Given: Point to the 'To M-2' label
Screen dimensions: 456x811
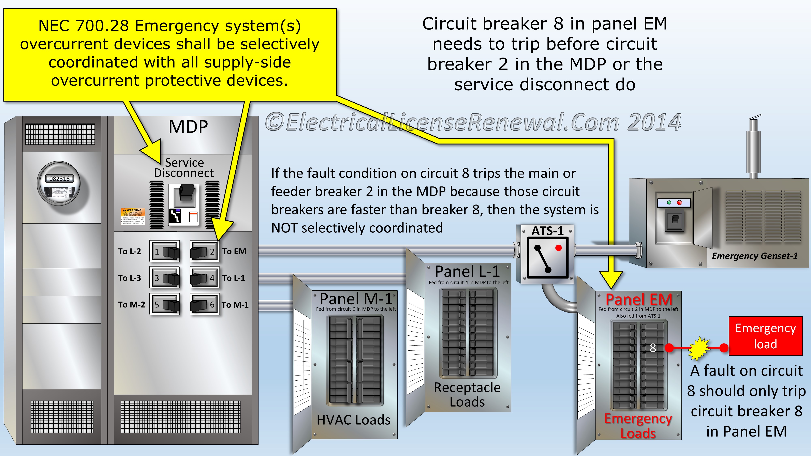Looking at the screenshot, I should (x=131, y=305).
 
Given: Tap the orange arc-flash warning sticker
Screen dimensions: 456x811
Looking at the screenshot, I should (x=133, y=216).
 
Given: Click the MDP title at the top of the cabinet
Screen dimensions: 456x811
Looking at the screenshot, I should (x=188, y=127).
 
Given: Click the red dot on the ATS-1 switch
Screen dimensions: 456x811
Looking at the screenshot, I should (x=559, y=248).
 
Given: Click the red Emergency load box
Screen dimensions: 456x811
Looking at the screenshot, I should (x=765, y=336).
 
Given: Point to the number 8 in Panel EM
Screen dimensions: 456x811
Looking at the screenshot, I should (x=653, y=348).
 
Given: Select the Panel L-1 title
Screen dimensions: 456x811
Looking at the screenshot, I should (x=467, y=271).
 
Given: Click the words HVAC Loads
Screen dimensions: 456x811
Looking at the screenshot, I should (x=353, y=420).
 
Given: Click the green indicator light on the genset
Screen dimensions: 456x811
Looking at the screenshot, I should (x=669, y=203).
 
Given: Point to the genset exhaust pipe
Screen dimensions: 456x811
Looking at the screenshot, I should (x=753, y=148).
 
